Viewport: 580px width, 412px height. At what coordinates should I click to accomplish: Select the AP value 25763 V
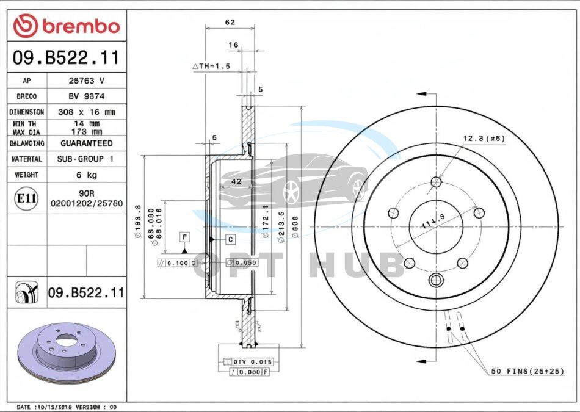click(x=86, y=81)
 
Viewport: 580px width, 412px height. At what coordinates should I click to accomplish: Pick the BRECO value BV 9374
click(x=86, y=96)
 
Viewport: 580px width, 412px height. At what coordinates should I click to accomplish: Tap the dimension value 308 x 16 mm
click(x=86, y=112)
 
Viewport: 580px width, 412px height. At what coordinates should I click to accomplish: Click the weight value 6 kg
click(x=86, y=175)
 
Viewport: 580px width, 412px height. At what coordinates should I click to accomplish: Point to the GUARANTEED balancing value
click(x=86, y=143)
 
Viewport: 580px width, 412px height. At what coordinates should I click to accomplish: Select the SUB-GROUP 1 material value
click(x=86, y=159)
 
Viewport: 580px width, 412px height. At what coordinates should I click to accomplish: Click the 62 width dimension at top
click(x=230, y=23)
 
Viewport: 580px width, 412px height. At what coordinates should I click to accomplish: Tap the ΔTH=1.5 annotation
click(x=211, y=66)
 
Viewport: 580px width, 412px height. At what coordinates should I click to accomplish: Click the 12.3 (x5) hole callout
click(x=484, y=139)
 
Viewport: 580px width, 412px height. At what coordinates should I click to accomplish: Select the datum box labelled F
click(x=183, y=236)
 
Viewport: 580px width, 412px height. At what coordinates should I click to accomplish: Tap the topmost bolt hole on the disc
click(x=436, y=181)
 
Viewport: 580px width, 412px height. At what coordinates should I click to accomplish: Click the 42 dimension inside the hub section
click(x=237, y=182)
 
